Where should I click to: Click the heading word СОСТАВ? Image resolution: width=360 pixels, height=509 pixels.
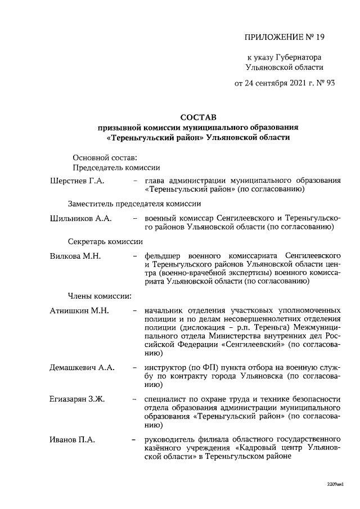(197, 118)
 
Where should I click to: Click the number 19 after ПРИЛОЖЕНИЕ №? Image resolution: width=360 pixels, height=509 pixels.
(319, 38)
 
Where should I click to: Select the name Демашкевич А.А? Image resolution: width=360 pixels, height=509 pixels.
(82, 367)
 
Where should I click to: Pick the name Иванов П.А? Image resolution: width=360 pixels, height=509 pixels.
(73, 439)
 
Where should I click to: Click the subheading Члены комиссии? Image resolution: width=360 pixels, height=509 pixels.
(100, 294)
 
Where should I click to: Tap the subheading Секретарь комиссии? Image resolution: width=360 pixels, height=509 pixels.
(105, 240)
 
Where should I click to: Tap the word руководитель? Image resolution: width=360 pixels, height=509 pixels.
(171, 439)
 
